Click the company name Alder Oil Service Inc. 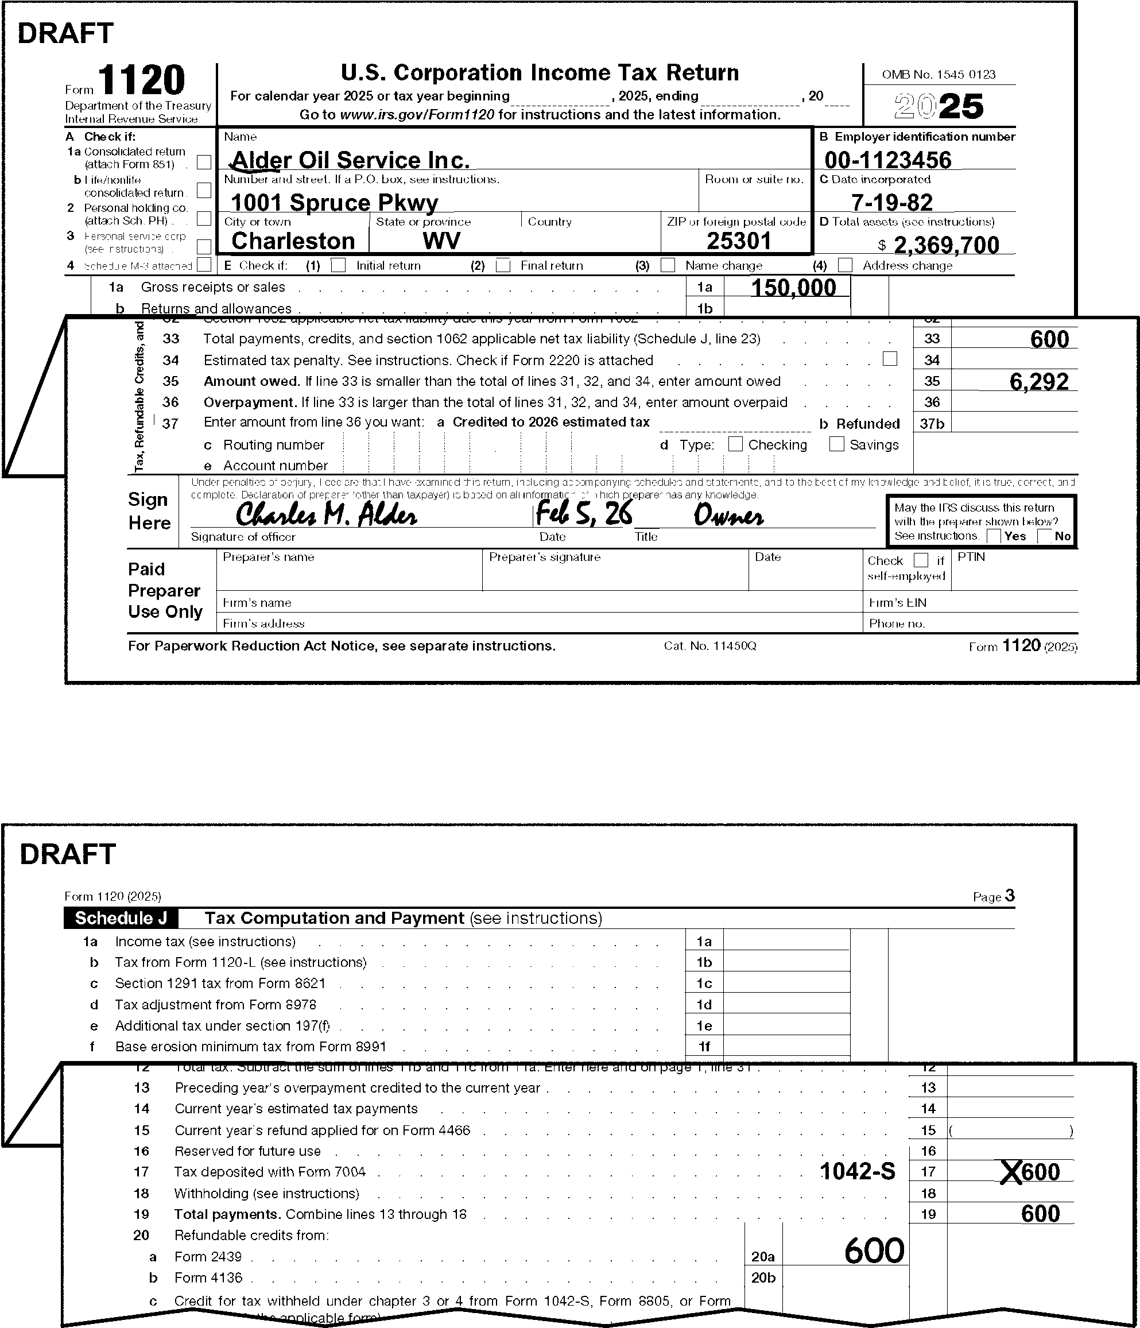(x=350, y=160)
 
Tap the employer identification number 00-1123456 (x=887, y=160)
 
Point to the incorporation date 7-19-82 (x=891, y=202)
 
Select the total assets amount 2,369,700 (x=946, y=245)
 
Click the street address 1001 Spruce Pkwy (x=334, y=202)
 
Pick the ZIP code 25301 (x=738, y=241)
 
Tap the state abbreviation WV (x=441, y=241)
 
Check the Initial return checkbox (x=338, y=265)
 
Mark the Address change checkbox (x=845, y=265)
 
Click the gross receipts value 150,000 (x=793, y=288)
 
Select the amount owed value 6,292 (x=1039, y=381)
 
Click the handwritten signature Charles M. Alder (x=326, y=514)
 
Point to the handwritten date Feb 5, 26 (x=583, y=513)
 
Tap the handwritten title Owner (x=728, y=516)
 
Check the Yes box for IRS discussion (x=994, y=536)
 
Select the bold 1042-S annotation (x=858, y=1172)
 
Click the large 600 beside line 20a (x=874, y=1250)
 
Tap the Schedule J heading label (x=121, y=919)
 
